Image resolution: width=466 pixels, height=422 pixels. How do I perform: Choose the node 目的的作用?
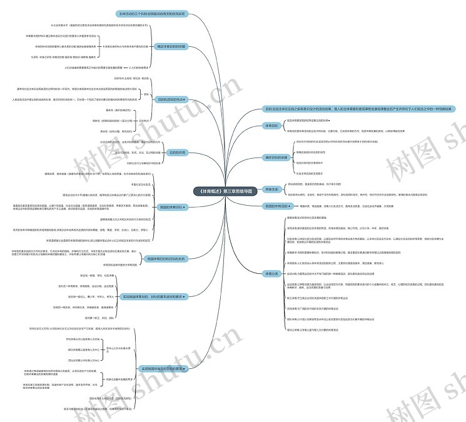click(x=177, y=152)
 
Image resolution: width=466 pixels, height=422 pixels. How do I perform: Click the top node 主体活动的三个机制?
click(x=151, y=13)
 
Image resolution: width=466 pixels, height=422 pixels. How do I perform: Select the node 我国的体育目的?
click(x=277, y=205)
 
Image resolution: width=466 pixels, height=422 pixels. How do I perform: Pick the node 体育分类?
click(x=271, y=273)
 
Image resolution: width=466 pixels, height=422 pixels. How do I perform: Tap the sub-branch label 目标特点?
click(x=143, y=120)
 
